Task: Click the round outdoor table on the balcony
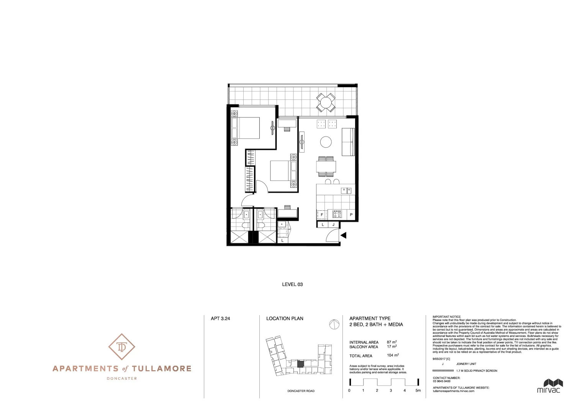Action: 326,102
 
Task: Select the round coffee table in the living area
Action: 326,142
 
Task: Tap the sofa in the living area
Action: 348,142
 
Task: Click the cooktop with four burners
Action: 337,215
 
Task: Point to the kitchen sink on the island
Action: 346,190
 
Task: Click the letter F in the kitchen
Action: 322,215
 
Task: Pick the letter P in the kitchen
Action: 351,215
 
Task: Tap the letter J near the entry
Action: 334,225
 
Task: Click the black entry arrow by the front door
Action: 343,236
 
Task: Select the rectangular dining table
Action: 326,167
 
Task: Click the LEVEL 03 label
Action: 292,285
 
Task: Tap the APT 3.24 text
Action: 220,318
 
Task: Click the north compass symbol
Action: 334,324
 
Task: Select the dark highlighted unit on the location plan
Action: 301,364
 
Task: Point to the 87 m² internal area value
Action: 392,342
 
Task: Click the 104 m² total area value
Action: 393,356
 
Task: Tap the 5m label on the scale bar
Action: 418,390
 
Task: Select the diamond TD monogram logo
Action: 122,347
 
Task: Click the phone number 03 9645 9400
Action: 442,381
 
